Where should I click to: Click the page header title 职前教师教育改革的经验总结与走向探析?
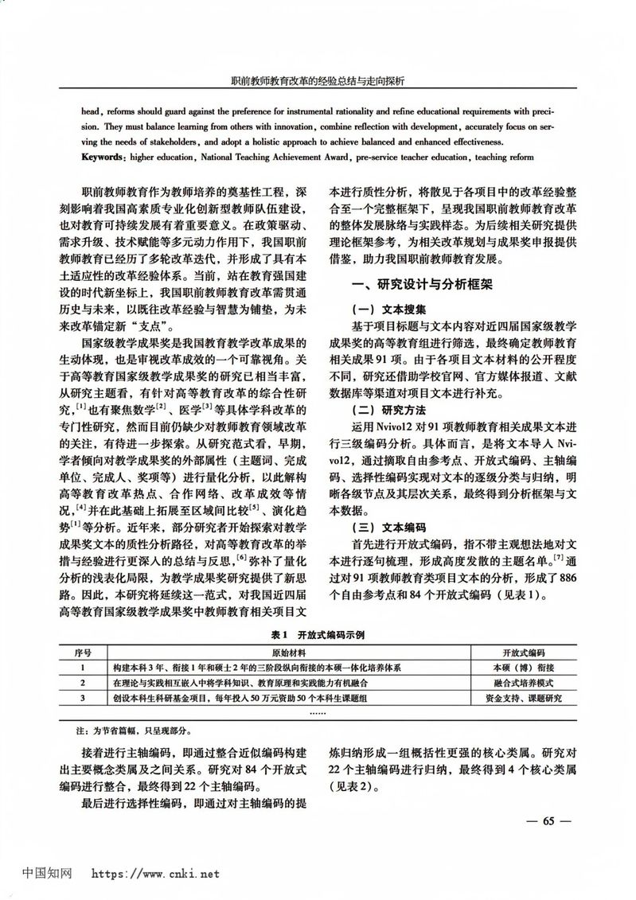point(318,80)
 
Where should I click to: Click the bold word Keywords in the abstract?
point(105,158)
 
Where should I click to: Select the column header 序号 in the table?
point(83,653)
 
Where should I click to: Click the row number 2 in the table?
point(83,683)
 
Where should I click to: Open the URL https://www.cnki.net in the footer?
point(155,874)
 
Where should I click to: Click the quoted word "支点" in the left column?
point(149,326)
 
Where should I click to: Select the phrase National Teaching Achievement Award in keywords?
point(271,158)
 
